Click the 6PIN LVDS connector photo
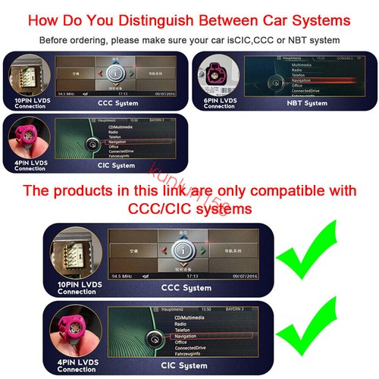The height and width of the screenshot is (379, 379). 219,80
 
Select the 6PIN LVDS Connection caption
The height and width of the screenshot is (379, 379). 219,102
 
